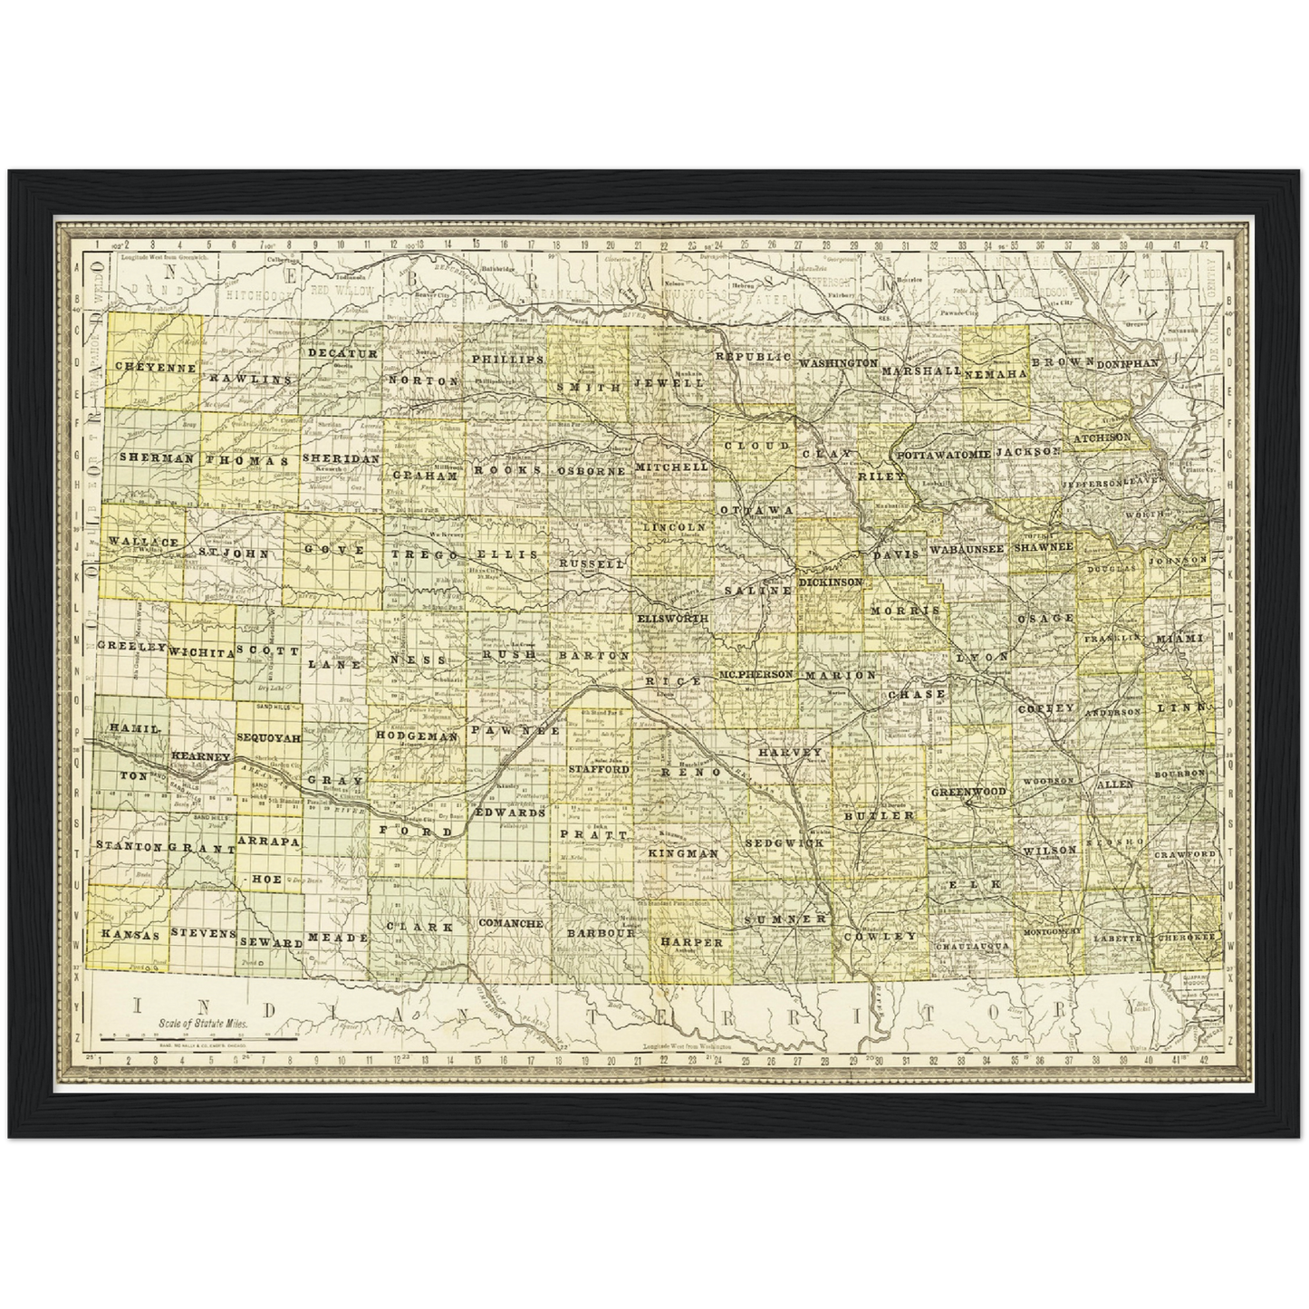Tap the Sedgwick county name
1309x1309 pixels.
click(784, 842)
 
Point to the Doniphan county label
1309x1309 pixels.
click(1128, 363)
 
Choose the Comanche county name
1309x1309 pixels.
click(510, 923)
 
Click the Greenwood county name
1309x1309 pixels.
click(968, 792)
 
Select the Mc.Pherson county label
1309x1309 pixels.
click(756, 675)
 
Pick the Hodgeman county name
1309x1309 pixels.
click(418, 736)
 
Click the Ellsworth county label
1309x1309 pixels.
click(671, 618)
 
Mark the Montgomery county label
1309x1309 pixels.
click(1052, 931)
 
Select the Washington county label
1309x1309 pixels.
click(838, 362)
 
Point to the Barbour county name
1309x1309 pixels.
click(600, 932)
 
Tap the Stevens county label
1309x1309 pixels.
click(204, 932)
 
